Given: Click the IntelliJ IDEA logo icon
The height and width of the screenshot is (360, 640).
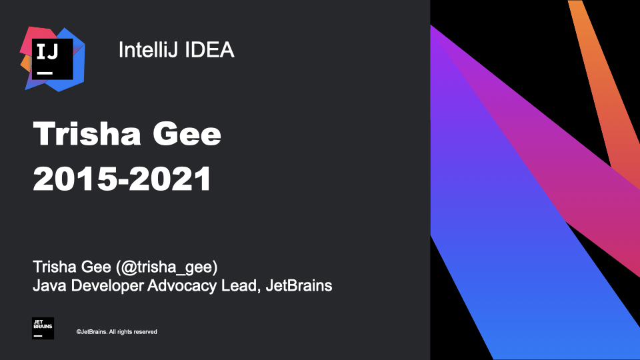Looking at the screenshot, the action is (53, 59).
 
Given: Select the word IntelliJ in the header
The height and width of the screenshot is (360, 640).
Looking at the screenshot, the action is (149, 50).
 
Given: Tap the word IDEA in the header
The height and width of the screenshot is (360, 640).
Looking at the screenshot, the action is (210, 50).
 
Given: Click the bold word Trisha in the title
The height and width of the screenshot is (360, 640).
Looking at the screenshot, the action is (87, 133).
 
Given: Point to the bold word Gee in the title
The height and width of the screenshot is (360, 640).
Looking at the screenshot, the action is (187, 133).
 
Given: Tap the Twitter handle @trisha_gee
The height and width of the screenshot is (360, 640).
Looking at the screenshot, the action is (167, 267).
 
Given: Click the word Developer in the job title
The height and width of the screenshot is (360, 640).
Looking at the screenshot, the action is (107, 286).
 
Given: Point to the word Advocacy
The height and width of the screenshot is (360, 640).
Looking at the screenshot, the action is (182, 286).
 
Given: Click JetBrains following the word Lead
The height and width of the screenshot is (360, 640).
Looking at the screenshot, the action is (299, 285).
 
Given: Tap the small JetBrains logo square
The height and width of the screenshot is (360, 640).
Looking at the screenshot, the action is (43, 328).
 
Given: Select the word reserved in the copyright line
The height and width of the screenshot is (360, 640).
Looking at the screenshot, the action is (145, 332).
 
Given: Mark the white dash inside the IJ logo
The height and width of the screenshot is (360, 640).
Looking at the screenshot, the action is (45, 73).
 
